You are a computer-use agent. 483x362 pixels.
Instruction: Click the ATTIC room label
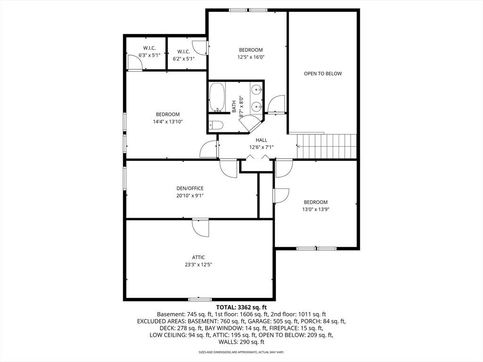(x=199, y=257)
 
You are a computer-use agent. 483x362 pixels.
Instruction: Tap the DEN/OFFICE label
(x=190, y=189)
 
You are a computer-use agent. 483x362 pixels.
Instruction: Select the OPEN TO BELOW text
(x=323, y=74)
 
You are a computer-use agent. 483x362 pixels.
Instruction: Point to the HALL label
(x=261, y=140)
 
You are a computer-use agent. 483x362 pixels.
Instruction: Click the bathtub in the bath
(x=217, y=97)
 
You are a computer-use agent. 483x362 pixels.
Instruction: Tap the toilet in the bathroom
(x=216, y=125)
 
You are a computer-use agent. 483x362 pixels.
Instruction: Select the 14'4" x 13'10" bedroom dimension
(x=168, y=122)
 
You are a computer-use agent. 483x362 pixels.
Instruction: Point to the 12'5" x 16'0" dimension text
(x=251, y=57)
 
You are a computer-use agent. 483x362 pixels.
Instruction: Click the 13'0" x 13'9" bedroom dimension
(x=316, y=210)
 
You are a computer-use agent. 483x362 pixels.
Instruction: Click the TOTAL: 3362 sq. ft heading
(x=241, y=307)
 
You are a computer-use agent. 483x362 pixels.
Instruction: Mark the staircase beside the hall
(x=326, y=146)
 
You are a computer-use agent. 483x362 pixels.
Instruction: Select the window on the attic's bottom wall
(x=200, y=299)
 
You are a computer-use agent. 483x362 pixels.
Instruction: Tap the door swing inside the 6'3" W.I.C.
(x=135, y=63)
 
